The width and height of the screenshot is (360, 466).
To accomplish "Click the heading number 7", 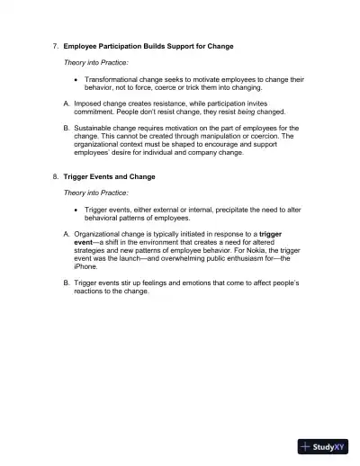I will [55, 45].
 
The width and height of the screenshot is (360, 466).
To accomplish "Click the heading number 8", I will [55, 176].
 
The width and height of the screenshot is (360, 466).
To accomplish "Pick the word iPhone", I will [85, 267].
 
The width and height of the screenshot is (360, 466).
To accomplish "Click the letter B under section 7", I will [66, 129].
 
